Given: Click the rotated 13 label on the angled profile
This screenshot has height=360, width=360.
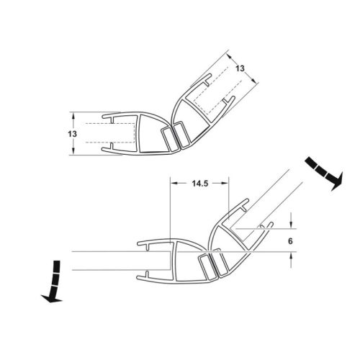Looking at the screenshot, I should point(240,68).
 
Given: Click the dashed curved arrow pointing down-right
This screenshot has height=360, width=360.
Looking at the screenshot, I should point(324,173).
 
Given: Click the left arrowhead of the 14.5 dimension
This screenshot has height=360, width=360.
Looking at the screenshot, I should point(172,184).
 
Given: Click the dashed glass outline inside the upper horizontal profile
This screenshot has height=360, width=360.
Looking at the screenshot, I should point(108,133).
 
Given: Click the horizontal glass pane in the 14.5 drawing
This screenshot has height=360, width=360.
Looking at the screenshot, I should point(108,260).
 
